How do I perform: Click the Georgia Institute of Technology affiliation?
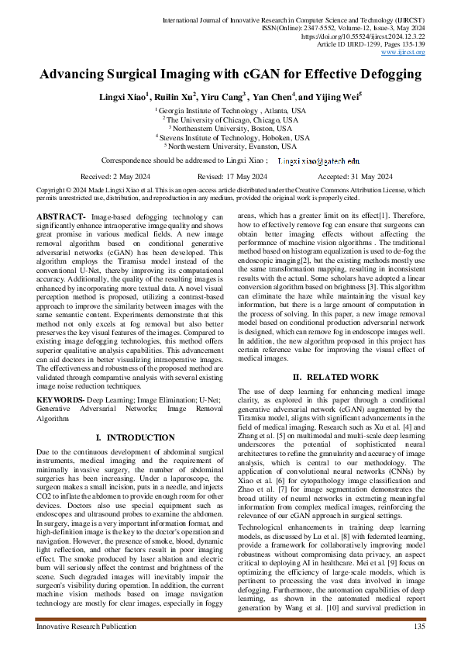(x=230, y=112)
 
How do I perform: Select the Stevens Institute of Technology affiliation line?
(x=230, y=137)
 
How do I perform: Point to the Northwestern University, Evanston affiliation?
(x=230, y=146)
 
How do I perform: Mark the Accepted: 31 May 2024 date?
(x=340, y=176)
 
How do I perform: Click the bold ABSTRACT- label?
(x=61, y=215)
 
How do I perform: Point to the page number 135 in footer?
(x=419, y=626)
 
